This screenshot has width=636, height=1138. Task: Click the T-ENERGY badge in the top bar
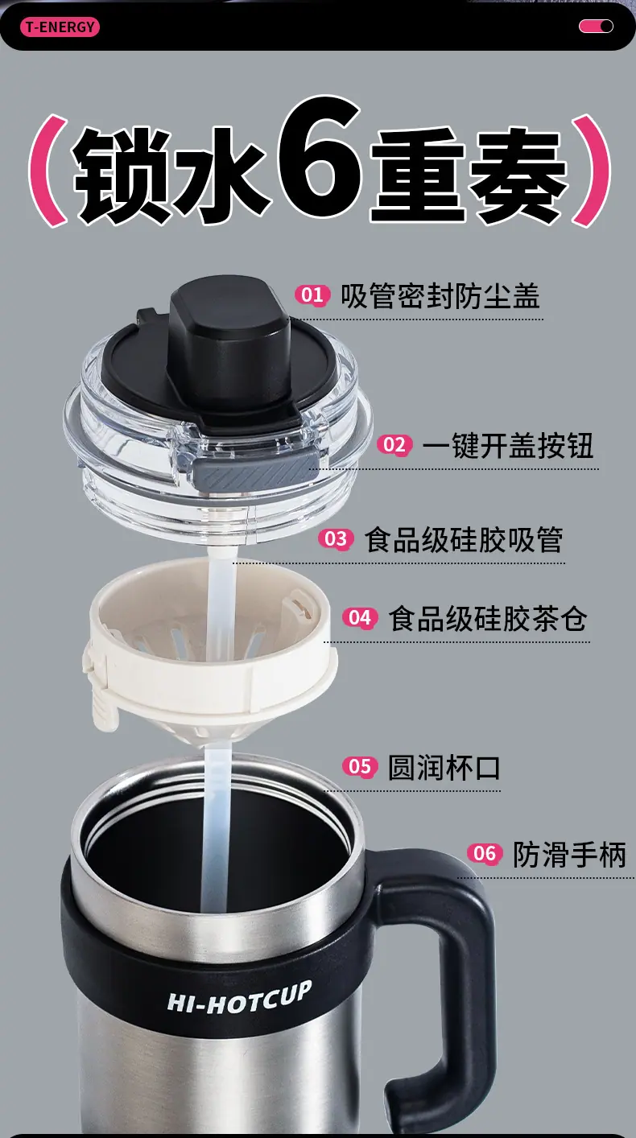(60, 27)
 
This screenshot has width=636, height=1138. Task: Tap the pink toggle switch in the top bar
(596, 27)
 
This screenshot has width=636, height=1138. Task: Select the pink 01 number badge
(312, 295)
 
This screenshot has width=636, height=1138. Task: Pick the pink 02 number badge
(394, 445)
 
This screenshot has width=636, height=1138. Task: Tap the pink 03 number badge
(336, 538)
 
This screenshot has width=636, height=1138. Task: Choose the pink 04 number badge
(360, 618)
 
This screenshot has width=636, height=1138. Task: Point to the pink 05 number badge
(360, 767)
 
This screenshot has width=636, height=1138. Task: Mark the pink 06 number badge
(485, 853)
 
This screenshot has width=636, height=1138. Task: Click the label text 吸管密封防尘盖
(440, 295)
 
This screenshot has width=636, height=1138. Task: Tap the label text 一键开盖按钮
(508, 446)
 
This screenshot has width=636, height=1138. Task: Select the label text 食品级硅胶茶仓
(488, 618)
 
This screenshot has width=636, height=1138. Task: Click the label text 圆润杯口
(444, 767)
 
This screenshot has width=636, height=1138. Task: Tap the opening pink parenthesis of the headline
(47, 170)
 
